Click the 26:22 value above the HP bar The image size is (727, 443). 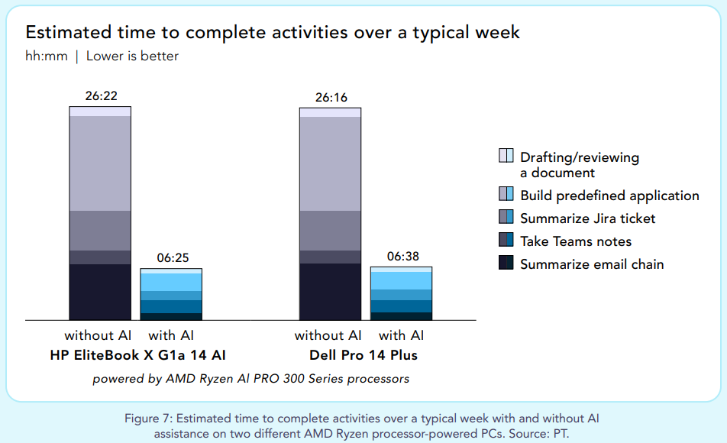(101, 96)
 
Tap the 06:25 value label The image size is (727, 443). (171, 258)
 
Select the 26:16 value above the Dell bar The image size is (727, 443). (330, 97)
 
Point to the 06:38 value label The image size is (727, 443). (401, 257)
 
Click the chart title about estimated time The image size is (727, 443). (273, 32)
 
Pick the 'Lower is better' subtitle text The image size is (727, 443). (132, 56)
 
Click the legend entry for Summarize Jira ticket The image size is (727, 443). (587, 218)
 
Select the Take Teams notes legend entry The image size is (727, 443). (575, 241)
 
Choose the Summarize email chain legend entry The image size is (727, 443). (591, 264)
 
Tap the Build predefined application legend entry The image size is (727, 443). (609, 196)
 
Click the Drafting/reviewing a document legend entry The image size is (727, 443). (579, 164)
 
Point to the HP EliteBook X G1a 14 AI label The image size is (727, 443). (137, 355)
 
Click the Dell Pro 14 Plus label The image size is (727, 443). (363, 355)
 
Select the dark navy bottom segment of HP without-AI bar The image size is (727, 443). (100, 292)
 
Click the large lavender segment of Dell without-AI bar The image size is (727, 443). (330, 163)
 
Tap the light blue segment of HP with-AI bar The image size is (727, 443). (171, 282)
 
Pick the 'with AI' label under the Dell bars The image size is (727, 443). (401, 335)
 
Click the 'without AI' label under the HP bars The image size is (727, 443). (98, 335)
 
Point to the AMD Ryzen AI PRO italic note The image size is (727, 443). (250, 378)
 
